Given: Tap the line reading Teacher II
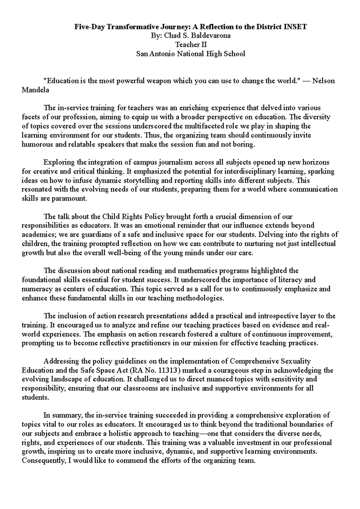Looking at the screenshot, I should [x=191, y=45].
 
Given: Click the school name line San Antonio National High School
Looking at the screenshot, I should [x=191, y=54].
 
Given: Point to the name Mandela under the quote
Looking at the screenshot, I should [x=35, y=90].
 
